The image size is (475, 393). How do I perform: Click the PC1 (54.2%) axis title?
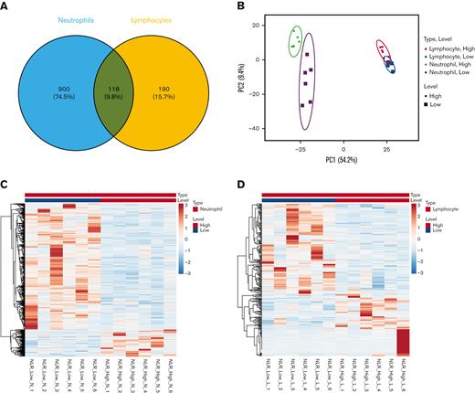[x=344, y=171]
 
